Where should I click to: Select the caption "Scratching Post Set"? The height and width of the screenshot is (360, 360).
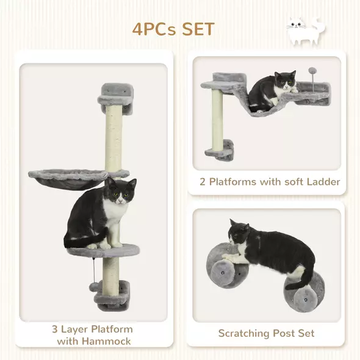pyautogui.click(x=267, y=333)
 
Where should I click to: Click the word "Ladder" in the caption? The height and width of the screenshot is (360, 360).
pyautogui.click(x=322, y=181)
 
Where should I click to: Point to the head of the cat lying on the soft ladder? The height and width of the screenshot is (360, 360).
pyautogui.click(x=284, y=82)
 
